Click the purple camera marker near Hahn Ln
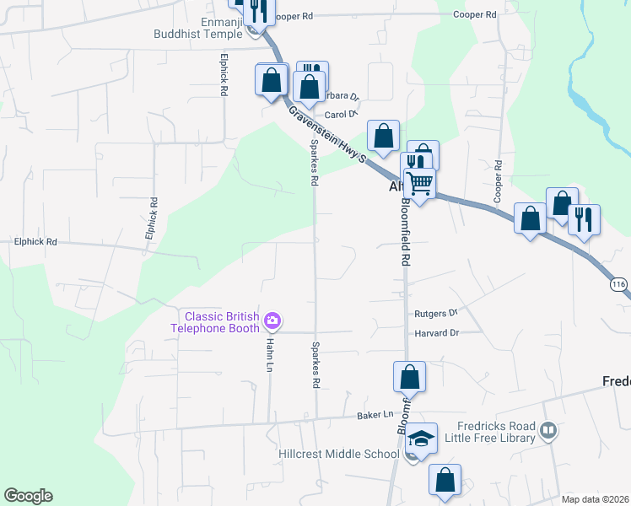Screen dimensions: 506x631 tap(272, 320)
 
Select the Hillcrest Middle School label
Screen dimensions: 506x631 tap(338, 455)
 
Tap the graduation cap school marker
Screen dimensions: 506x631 tap(421, 439)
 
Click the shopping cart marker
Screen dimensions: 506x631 tap(419, 182)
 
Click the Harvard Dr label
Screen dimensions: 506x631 tap(436, 333)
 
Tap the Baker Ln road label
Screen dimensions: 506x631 tap(375, 414)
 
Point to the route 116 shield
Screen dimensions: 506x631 tap(620, 286)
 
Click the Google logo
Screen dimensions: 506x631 tap(28, 496)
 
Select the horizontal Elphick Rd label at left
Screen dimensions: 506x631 tap(35, 242)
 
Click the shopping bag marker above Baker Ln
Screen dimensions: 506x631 tap(409, 376)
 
